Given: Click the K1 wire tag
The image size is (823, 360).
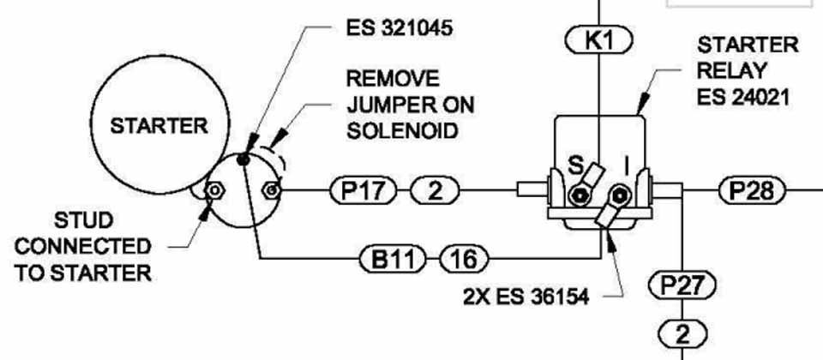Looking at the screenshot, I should click(599, 39).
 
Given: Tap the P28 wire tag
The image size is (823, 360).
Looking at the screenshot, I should click(752, 189).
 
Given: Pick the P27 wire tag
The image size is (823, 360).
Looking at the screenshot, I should click(682, 284).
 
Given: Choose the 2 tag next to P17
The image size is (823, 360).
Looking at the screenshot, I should click(436, 189).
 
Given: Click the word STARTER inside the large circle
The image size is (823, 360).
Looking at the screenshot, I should click(159, 125).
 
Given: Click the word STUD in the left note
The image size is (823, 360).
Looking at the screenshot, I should click(80, 221).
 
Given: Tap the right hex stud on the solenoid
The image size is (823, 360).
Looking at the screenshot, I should click(272, 189).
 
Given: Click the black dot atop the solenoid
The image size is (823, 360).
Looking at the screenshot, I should click(245, 158).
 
